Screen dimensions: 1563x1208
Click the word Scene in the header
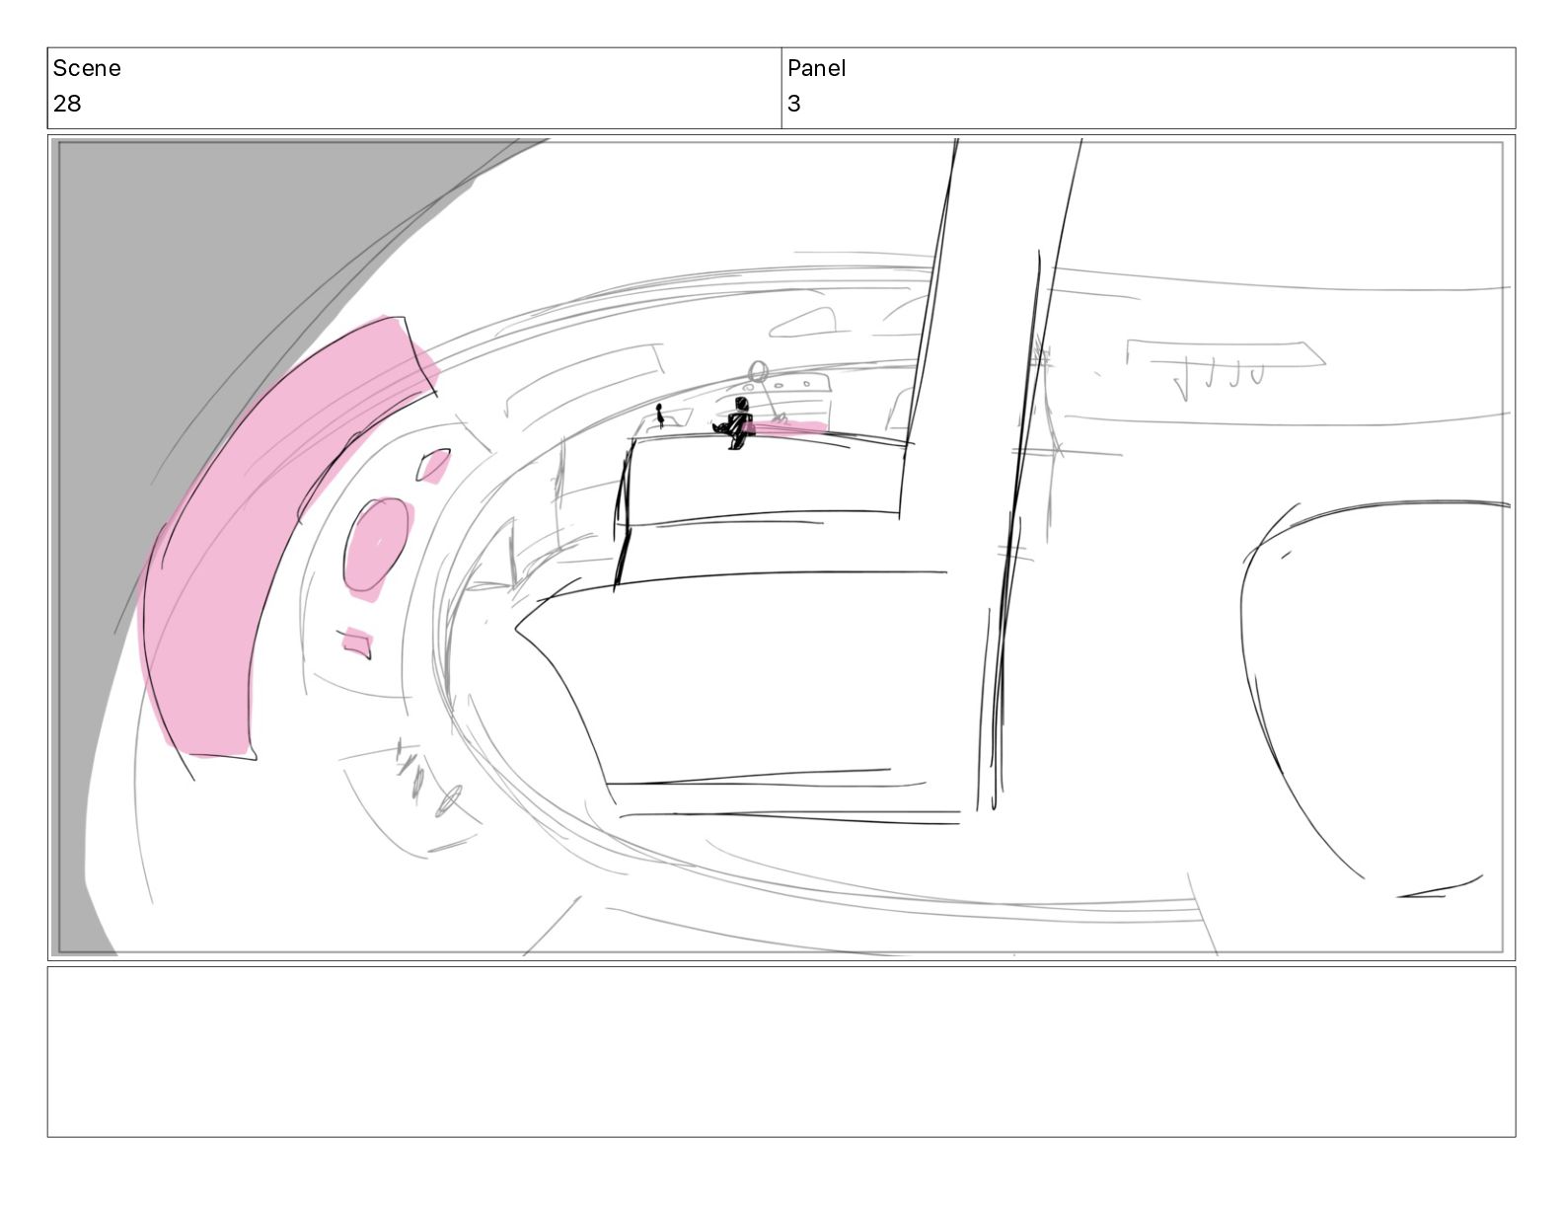[86, 68]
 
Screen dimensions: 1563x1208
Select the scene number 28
[67, 104]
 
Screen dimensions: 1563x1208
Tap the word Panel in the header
[816, 68]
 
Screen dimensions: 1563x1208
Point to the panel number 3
[793, 104]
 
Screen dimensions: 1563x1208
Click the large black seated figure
[735, 422]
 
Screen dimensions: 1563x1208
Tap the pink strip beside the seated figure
[786, 428]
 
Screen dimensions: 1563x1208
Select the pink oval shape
[378, 548]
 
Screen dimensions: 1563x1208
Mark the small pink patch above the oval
[434, 466]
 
